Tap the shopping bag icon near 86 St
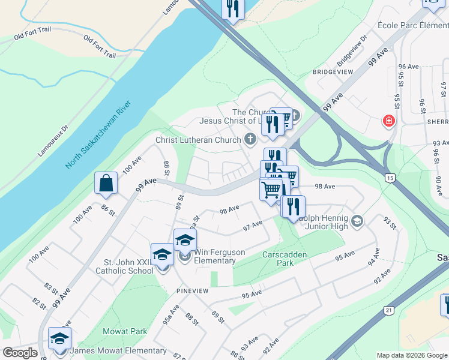pos(106,184)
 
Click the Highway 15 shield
pos(390,178)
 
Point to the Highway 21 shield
pos(388,310)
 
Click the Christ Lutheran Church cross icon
pos(250,140)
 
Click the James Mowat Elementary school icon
pos(59,339)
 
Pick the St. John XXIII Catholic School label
pos(128,266)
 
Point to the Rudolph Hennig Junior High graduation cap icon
pos(357,221)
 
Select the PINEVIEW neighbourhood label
pos(192,290)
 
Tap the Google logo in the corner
pos(20,353)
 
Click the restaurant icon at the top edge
pos(232,8)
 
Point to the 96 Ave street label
pos(408,67)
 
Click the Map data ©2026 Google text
pos(412,355)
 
